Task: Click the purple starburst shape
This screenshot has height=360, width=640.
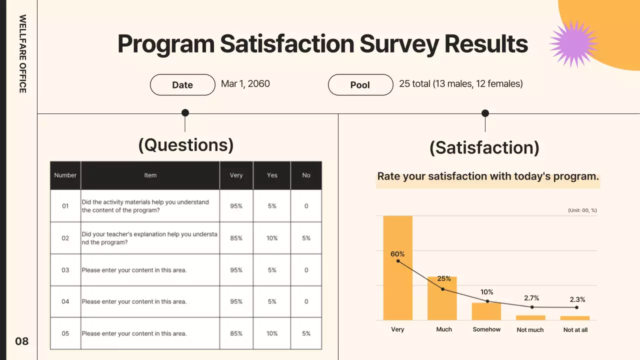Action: [x=573, y=44]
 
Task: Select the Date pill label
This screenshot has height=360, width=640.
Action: [x=182, y=85]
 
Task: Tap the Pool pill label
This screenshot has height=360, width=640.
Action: [x=360, y=85]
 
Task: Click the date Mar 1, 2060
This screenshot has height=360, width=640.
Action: [x=245, y=83]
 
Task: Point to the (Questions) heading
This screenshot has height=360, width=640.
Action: [x=186, y=144]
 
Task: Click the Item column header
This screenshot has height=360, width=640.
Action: [x=150, y=175]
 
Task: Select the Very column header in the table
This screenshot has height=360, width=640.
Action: [x=236, y=175]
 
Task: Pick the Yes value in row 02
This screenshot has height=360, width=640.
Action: [x=272, y=238]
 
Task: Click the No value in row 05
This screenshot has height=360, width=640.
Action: [x=306, y=333]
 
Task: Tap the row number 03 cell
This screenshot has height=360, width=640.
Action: [x=65, y=270]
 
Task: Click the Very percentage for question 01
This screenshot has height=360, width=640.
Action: [x=236, y=206]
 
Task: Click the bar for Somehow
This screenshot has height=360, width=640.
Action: [x=486, y=311]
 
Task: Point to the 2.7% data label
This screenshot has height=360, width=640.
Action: [x=531, y=298]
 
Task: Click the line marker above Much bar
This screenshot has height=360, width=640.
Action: [x=442, y=289]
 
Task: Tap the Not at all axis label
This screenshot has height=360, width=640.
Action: [x=575, y=330]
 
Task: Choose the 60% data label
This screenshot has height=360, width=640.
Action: [x=397, y=254]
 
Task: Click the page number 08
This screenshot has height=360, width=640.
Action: [x=22, y=341]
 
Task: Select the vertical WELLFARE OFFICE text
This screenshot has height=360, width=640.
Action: [x=22, y=53]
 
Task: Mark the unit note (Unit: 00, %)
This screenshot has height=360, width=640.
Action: [x=582, y=210]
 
